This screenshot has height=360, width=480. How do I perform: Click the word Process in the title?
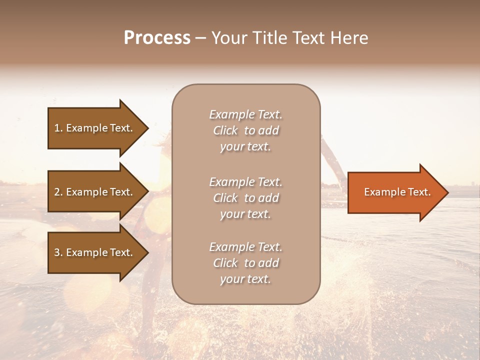point(157,38)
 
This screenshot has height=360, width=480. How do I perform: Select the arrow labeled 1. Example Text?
point(94,128)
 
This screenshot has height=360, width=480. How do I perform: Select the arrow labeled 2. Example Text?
point(94,192)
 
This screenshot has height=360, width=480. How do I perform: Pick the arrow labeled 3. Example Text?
point(94,252)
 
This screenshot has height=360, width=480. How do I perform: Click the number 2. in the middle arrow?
point(58,192)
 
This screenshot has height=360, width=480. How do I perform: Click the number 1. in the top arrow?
point(58,128)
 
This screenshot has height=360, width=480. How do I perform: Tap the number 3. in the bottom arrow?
point(58,252)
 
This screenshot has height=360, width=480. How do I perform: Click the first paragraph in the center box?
point(245,130)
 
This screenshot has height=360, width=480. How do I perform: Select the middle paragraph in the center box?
point(245,198)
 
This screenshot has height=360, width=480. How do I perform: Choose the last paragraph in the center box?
point(245,263)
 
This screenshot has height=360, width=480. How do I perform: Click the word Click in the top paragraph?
point(225,131)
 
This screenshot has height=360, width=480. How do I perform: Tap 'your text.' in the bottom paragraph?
point(245,279)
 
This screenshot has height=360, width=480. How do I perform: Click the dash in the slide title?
point(201,38)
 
